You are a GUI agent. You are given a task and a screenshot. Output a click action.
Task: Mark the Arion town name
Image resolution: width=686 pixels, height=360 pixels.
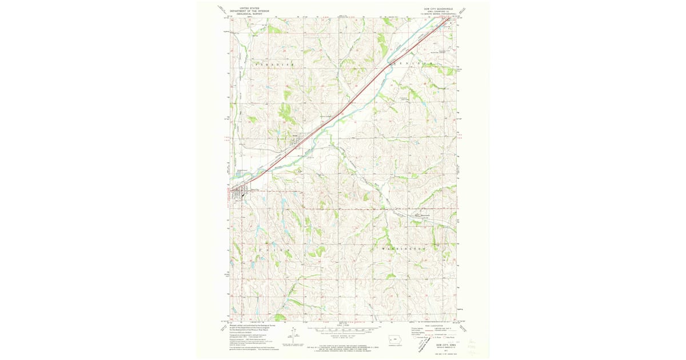point(296,135)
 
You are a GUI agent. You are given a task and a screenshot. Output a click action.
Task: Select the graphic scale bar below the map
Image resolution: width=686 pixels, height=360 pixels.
point(343,330)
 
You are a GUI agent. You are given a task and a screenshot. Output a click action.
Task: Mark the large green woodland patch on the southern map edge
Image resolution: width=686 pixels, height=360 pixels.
point(280,317)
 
